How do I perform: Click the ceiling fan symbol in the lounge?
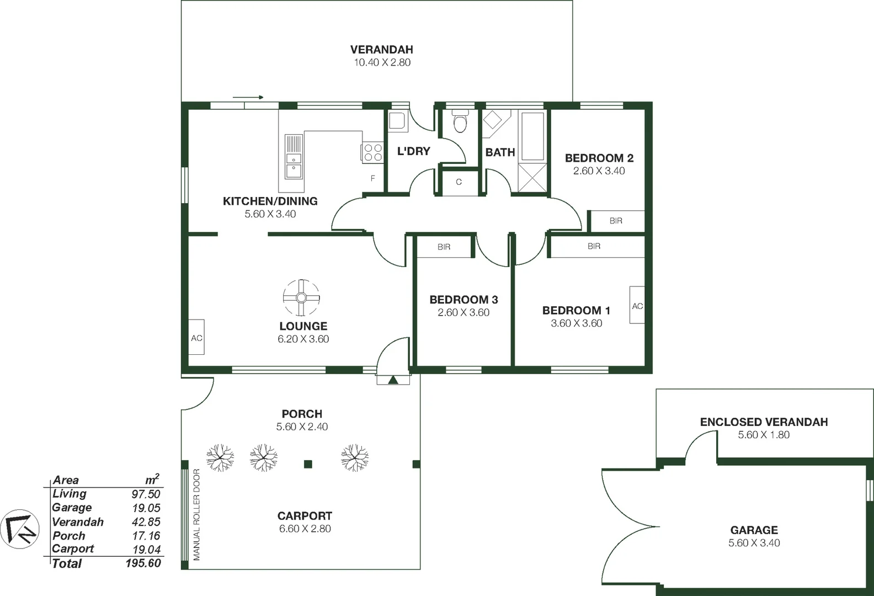301,298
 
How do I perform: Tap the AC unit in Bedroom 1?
637,305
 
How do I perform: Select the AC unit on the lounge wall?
196,337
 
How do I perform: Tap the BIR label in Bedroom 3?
444,247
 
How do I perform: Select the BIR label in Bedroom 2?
616,221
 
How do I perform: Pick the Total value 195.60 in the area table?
143,563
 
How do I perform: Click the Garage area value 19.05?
146,508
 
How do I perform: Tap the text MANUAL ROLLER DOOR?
196,514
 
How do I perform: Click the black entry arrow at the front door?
393,380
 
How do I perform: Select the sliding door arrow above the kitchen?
248,98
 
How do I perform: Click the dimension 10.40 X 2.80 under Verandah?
382,62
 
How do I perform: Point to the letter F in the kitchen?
373,178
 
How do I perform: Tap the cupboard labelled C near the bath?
459,182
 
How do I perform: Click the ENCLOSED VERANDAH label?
764,422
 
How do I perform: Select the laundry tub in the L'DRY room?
397,121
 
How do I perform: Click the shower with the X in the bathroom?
532,177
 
